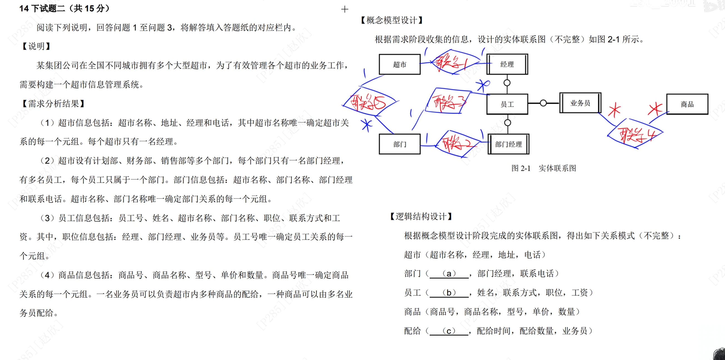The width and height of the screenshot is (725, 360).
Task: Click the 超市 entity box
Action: pyautogui.click(x=399, y=64)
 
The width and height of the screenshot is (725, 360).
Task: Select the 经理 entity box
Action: pyautogui.click(x=507, y=64)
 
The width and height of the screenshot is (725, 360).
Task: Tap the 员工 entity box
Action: pyautogui.click(x=507, y=104)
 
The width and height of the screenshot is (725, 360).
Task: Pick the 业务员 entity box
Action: pyautogui.click(x=580, y=103)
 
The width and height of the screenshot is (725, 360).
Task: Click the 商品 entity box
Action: pyautogui.click(x=687, y=104)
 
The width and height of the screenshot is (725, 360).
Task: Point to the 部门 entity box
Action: pyautogui.click(x=399, y=144)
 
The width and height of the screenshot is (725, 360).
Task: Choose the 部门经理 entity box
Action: pyautogui.click(x=508, y=144)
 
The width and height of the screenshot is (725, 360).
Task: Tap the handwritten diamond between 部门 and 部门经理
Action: pyautogui.click(x=457, y=144)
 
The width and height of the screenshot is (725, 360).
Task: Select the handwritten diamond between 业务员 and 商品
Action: pyautogui.click(x=635, y=134)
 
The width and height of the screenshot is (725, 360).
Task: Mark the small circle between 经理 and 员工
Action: pyautogui.click(x=507, y=83)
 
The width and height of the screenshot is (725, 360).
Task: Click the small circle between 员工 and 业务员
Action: pyautogui.click(x=543, y=103)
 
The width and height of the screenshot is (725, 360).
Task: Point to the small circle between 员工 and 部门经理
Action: pyautogui.click(x=507, y=123)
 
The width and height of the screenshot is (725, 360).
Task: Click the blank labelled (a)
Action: pyautogui.click(x=449, y=274)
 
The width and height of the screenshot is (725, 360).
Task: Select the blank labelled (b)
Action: pyautogui.click(x=449, y=293)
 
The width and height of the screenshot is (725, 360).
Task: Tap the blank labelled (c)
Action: pyautogui.click(x=449, y=331)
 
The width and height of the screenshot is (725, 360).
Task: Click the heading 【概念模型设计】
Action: pyautogui.click(x=392, y=20)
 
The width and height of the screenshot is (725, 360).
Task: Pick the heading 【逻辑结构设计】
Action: pyautogui.click(x=421, y=217)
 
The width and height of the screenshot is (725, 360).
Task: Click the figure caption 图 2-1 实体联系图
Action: pyautogui.click(x=543, y=168)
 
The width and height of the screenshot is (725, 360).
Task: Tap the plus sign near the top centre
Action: pyautogui.click(x=344, y=9)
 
